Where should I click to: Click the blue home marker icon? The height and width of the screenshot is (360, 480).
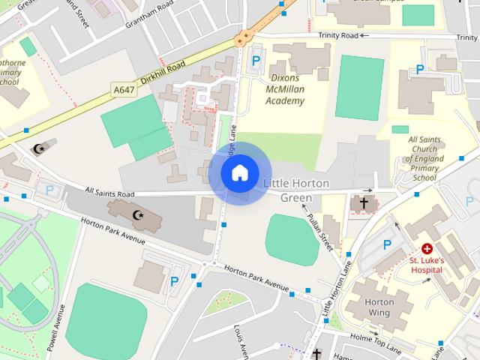click(x=239, y=173)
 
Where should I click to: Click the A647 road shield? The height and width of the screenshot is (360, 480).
click(x=124, y=90)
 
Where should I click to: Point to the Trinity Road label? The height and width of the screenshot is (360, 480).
click(x=337, y=34)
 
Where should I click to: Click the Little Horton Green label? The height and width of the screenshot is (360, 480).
click(x=296, y=190)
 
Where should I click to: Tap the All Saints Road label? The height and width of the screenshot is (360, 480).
click(x=109, y=192)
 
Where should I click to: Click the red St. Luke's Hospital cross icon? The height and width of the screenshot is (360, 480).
click(x=427, y=248)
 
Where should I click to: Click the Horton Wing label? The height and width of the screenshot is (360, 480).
click(x=378, y=307)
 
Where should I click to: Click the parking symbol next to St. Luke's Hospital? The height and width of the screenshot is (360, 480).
click(x=388, y=244)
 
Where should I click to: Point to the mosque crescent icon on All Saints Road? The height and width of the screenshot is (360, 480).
click(x=137, y=216)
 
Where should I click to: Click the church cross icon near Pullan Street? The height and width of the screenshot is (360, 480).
click(x=364, y=202)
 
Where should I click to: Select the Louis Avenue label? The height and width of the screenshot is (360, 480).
click(x=240, y=340)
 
